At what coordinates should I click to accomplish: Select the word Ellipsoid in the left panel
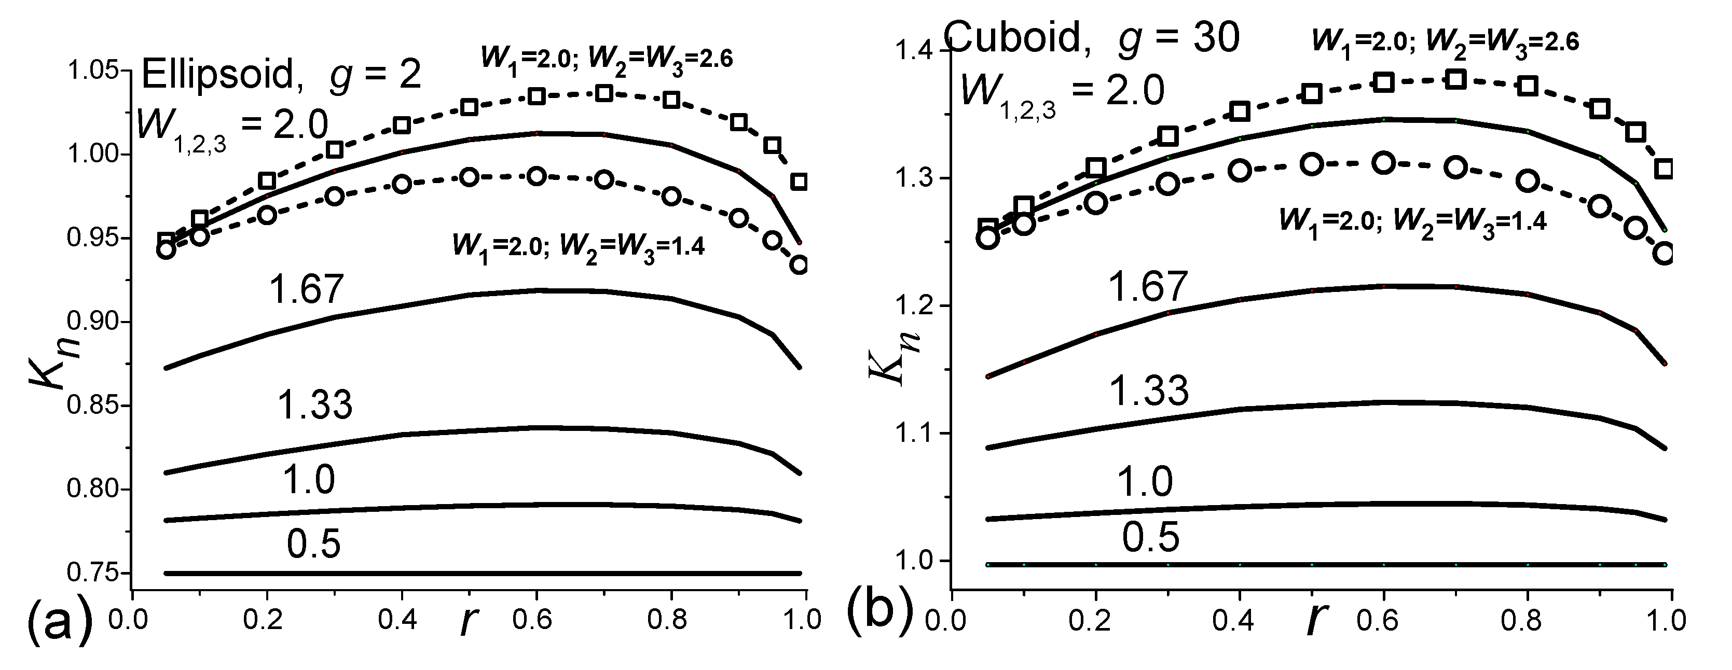coord(218,74)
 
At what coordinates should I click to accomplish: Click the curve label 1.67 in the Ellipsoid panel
coord(306,290)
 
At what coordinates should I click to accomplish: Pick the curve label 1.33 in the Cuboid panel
coord(1148,390)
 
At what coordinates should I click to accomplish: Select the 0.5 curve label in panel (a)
coord(313,545)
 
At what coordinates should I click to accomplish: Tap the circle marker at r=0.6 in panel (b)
coord(1383,163)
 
